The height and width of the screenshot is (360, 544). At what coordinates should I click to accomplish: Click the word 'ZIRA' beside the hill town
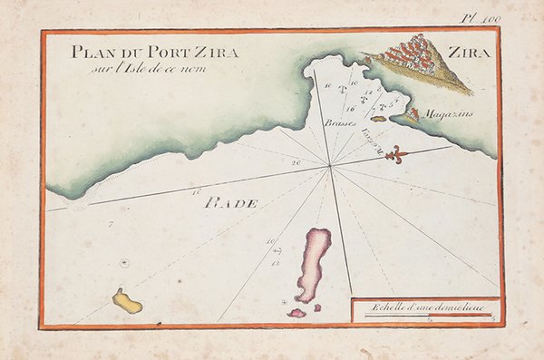470,53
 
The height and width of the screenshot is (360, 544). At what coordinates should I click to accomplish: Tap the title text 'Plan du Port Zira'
154,53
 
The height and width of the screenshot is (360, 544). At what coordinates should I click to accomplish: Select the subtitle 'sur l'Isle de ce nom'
142,68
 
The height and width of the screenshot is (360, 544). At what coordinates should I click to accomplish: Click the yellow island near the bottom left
127,301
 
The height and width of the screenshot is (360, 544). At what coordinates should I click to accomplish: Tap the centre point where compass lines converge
330,165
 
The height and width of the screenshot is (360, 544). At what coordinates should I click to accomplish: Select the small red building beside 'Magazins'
413,114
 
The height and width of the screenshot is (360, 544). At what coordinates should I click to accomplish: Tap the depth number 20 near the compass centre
296,161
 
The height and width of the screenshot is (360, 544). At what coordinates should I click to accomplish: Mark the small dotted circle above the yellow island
124,263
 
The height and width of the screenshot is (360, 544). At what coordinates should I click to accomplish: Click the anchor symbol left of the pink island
285,300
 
